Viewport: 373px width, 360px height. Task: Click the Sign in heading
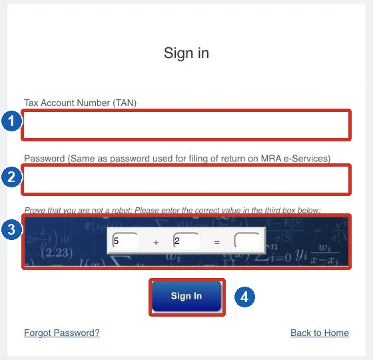186,53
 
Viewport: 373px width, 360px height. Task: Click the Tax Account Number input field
186,125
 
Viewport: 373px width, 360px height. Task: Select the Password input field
186,180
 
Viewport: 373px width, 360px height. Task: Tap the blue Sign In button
186,296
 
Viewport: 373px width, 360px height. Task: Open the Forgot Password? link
62,333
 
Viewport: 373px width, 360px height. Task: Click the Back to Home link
320,333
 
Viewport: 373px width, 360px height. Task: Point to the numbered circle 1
12,121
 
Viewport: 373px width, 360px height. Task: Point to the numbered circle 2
12,177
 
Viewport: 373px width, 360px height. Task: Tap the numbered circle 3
12,229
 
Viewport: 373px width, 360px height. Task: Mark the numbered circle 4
244,297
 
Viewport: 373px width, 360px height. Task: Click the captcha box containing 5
125,241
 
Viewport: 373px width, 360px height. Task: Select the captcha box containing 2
186,241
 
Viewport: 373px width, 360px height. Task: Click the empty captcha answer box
247,241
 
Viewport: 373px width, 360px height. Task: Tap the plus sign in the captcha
156,243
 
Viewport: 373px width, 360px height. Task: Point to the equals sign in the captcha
216,243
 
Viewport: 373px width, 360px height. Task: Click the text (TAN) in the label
125,103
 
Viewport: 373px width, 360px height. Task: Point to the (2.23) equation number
57,253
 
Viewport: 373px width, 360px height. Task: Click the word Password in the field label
45,159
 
